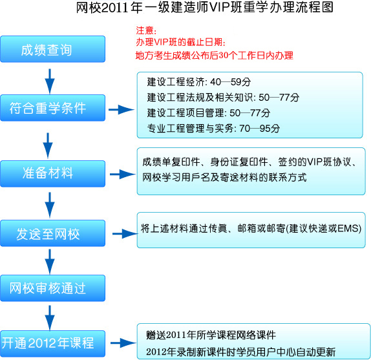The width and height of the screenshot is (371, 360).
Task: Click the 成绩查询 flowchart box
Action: [x=53, y=49]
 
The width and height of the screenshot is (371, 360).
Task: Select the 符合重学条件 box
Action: [x=53, y=108]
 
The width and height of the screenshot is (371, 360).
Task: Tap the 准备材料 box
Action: [x=53, y=174]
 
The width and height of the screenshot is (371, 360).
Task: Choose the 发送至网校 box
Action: [x=53, y=233]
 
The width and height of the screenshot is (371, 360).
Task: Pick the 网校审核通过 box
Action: [x=53, y=288]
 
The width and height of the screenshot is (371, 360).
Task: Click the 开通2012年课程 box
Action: [x=53, y=343]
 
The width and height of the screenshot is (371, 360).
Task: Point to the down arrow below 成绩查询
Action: [x=50, y=81]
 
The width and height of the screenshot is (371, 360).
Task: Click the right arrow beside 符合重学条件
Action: [x=122, y=109]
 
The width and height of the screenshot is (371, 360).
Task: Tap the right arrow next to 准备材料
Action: [x=123, y=175]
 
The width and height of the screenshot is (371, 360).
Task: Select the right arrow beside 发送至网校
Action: [x=125, y=234]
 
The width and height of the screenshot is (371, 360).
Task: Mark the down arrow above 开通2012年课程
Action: [x=50, y=317]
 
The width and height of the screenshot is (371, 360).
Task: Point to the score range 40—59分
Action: [x=231, y=82]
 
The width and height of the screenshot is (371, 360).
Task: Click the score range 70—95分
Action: [x=260, y=129]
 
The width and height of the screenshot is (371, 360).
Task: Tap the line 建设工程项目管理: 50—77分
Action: [x=209, y=113]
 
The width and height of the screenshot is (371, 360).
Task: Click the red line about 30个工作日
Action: [x=215, y=56]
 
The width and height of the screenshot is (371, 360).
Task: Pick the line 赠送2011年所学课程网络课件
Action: [x=211, y=335]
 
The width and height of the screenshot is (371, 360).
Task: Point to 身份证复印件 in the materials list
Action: [x=239, y=162]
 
